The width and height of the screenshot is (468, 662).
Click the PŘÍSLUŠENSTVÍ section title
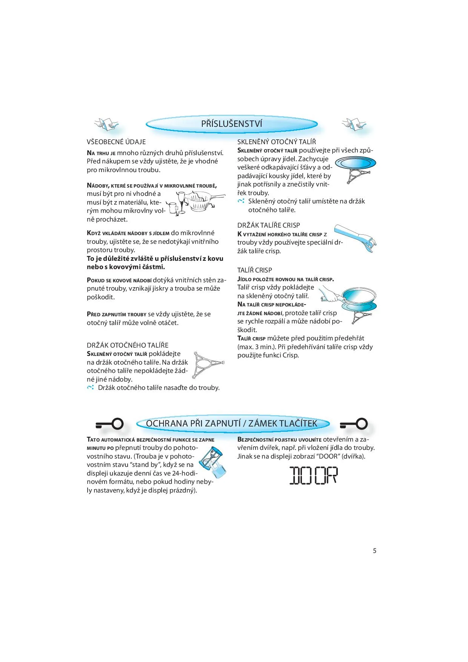click(x=231, y=124)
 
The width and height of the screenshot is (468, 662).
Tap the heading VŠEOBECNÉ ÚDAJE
click(x=116, y=142)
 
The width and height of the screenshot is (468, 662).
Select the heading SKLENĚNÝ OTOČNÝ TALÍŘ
click(x=277, y=142)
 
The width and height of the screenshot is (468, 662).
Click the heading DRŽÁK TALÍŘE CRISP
click(x=268, y=225)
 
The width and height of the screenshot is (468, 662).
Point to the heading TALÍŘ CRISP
click(x=254, y=270)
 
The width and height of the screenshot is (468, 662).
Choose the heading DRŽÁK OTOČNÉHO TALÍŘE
click(x=128, y=345)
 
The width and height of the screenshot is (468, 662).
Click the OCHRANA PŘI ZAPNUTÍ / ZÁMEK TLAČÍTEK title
click(x=231, y=423)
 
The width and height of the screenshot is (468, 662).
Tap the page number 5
click(x=374, y=551)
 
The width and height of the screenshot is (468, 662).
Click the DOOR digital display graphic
click(x=313, y=476)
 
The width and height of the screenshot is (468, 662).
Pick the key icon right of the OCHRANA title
click(x=354, y=424)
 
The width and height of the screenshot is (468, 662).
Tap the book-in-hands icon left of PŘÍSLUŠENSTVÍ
click(x=106, y=124)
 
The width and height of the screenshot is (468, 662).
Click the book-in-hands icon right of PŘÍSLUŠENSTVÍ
click(x=354, y=124)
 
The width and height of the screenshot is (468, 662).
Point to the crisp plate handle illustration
click(x=356, y=238)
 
